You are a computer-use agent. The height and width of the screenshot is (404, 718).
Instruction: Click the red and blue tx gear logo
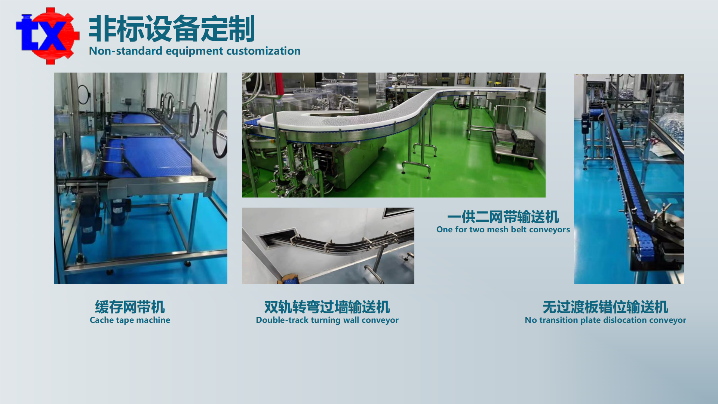click(47, 36)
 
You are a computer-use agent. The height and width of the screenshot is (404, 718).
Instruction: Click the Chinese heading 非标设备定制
click(172, 29)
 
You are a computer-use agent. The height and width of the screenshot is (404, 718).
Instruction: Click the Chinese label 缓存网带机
click(130, 307)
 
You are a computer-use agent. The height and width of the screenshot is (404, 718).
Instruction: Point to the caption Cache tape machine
click(130, 320)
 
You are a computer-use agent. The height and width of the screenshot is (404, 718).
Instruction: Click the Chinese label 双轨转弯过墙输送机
click(327, 307)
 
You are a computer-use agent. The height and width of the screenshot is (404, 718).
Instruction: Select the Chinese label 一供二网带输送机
click(503, 217)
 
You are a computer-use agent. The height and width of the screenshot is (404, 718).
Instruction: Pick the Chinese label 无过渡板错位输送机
click(605, 307)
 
